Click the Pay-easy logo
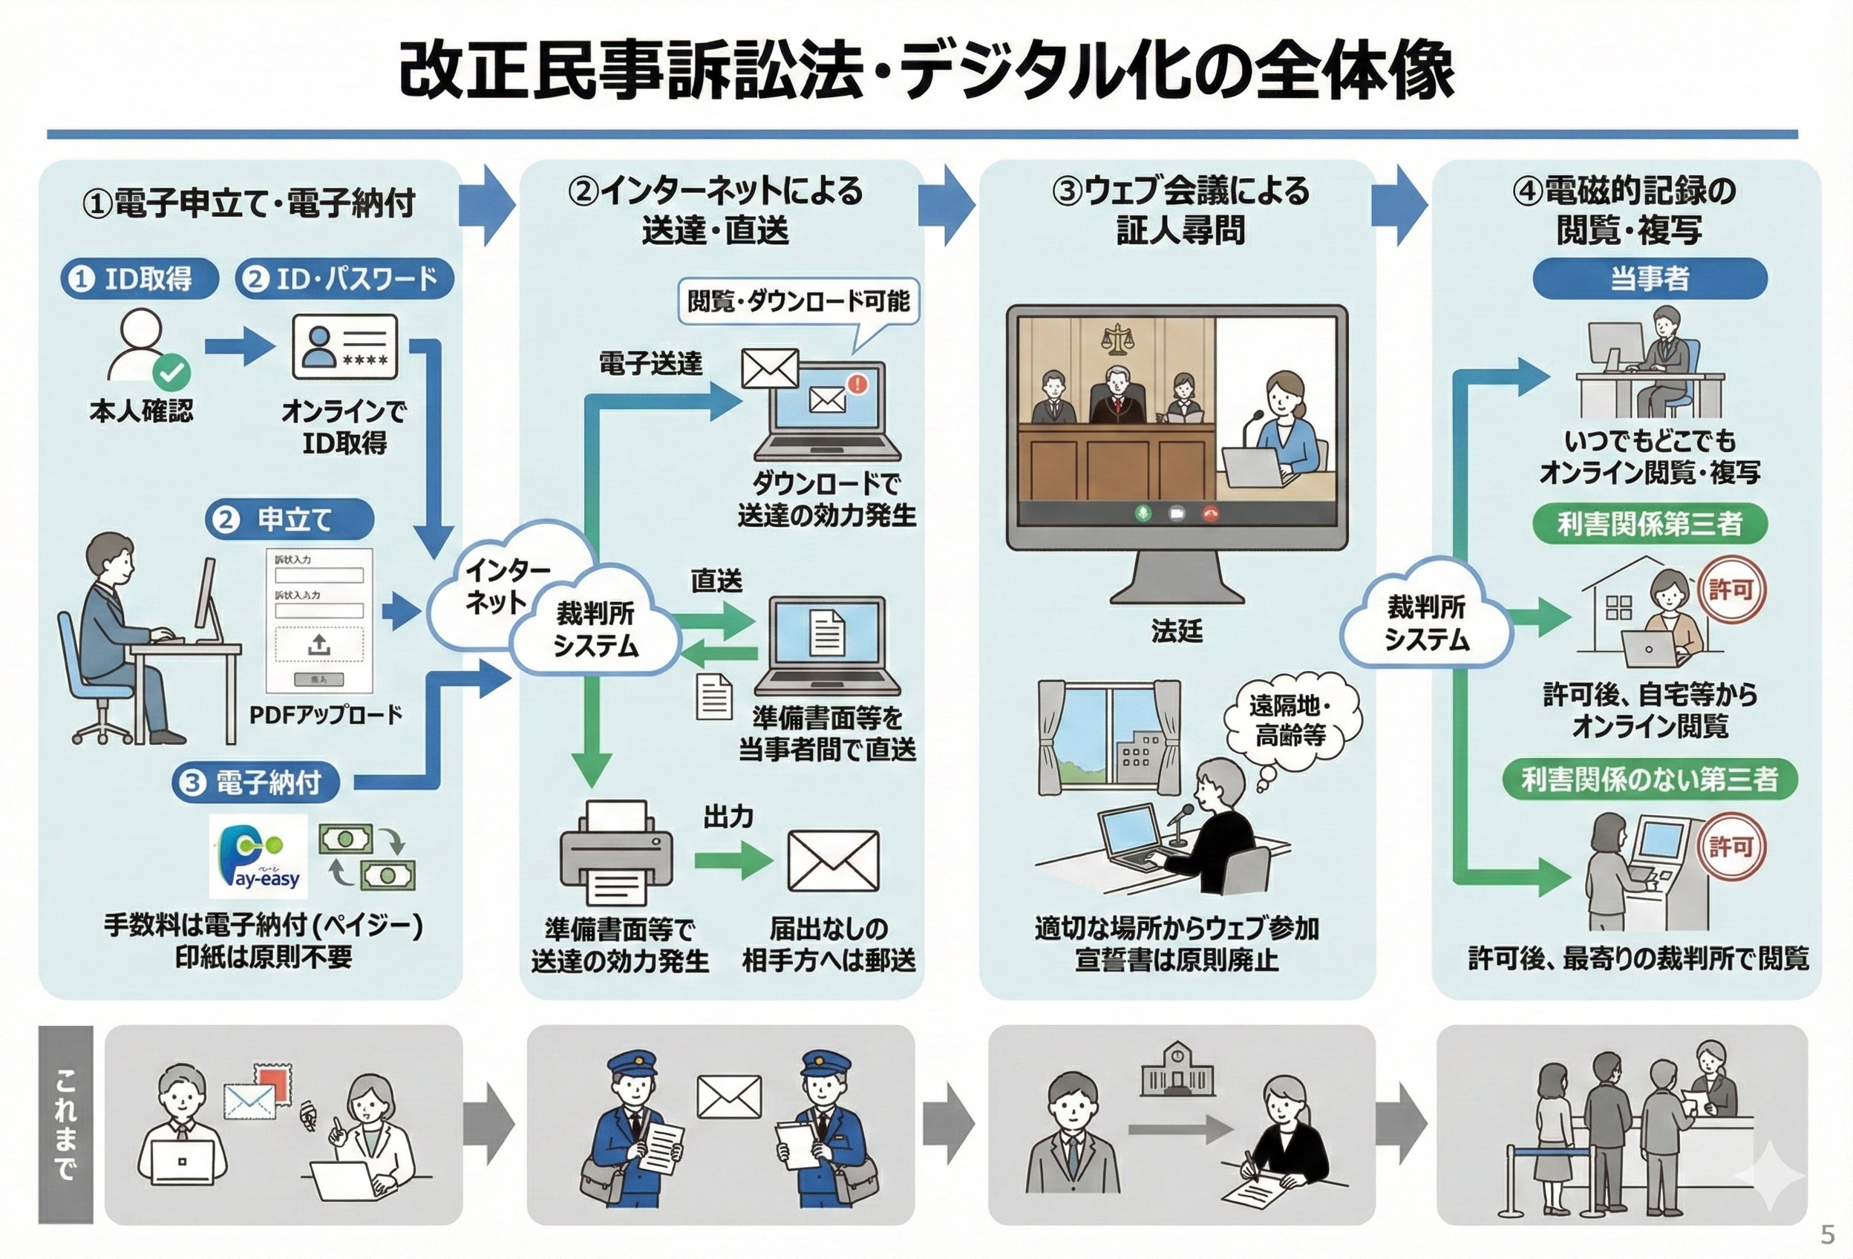tap(258, 856)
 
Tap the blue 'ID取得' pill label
tap(140, 278)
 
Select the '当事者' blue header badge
tap(1649, 278)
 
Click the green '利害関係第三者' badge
tap(1649, 524)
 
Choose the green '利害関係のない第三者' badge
tap(1649, 779)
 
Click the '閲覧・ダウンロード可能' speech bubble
tap(798, 301)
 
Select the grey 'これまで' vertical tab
tap(65, 1123)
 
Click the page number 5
tap(1828, 1235)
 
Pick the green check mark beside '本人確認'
tap(171, 372)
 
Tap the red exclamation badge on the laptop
tap(858, 385)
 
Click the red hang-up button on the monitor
tap(1210, 514)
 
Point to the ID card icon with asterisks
tap(344, 347)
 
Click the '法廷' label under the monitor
tap(1176, 631)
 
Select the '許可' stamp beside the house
tap(1731, 590)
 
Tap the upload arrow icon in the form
tap(319, 644)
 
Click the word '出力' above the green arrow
tap(728, 816)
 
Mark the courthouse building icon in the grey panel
tap(1177, 1069)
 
